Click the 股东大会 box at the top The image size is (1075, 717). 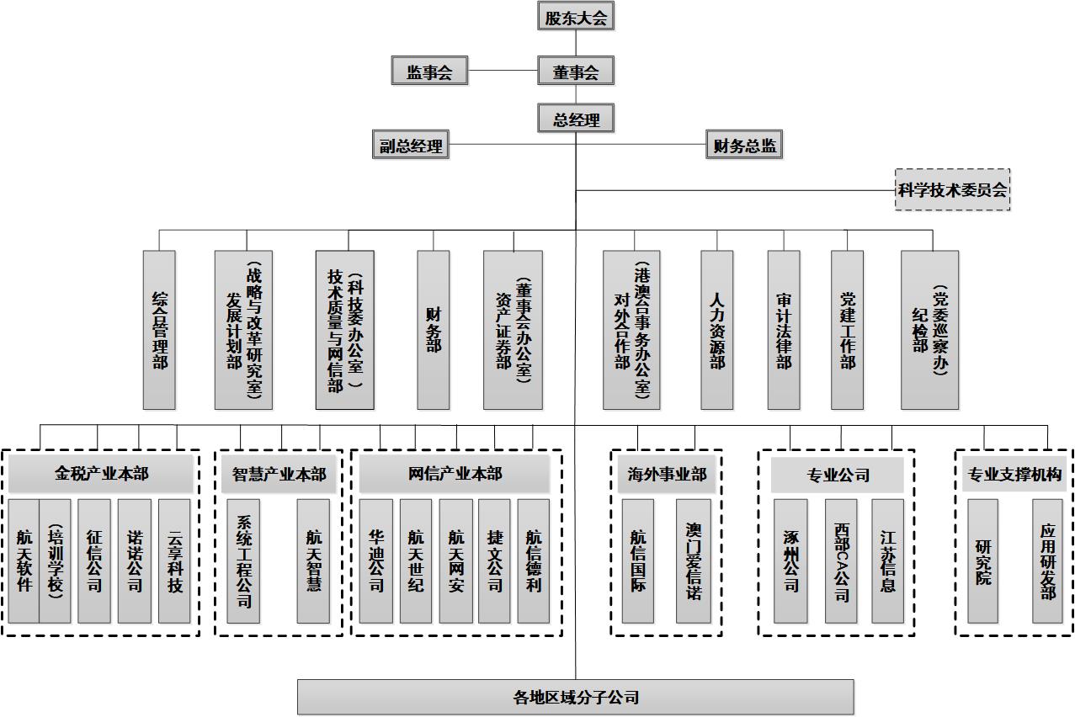coord(576,16)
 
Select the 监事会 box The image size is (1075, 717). coord(429,72)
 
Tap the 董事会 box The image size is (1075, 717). coord(576,72)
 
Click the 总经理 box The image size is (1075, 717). coord(576,119)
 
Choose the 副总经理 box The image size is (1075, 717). coord(411,146)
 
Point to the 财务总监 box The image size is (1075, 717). coord(744,146)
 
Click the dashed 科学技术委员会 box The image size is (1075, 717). coord(952,189)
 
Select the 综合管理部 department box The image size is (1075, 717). coord(159,330)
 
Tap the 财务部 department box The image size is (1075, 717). coord(434,330)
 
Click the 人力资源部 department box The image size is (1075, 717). coord(716,330)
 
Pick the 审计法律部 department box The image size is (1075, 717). coord(783,330)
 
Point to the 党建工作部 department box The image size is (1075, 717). coord(847,330)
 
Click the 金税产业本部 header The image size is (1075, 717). coord(101,474)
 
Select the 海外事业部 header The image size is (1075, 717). coord(667,475)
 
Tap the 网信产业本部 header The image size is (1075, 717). coord(455,474)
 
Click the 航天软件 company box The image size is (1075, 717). coord(24,560)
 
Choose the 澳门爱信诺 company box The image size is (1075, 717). coord(693,560)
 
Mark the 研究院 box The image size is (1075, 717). coord(982,560)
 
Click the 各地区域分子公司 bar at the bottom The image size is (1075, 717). coord(576,697)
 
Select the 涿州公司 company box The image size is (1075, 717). coord(790,560)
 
